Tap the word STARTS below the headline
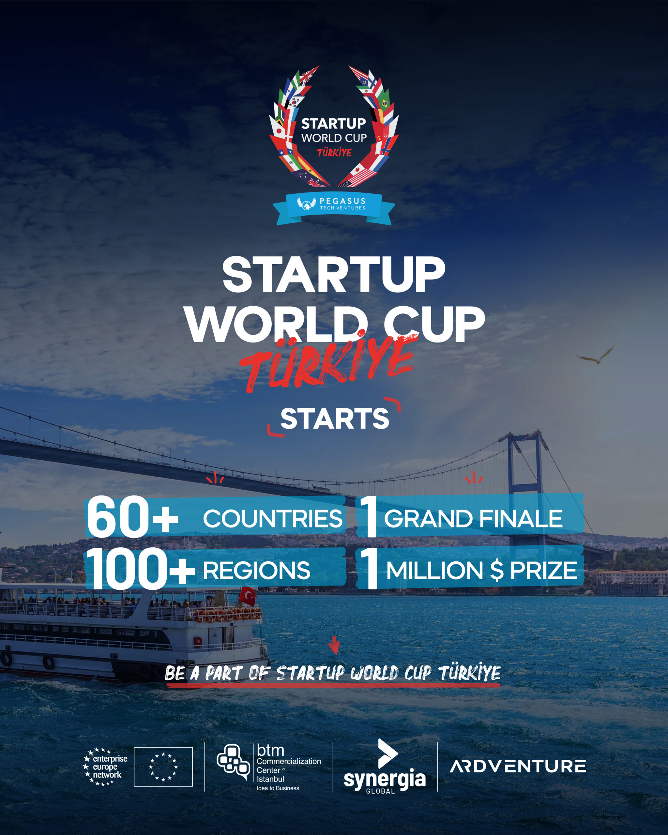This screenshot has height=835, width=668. [x=335, y=419]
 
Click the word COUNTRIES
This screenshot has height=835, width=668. [x=273, y=519]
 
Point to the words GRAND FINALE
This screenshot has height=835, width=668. [x=473, y=519]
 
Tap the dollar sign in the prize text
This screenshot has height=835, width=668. [x=496, y=570]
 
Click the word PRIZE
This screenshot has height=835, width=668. [x=543, y=570]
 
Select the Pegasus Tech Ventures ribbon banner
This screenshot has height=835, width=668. [x=334, y=208]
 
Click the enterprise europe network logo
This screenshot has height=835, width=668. [x=105, y=767]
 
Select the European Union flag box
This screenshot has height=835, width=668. [x=163, y=767]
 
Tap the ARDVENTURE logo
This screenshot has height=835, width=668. [x=518, y=767]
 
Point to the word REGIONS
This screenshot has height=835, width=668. [x=256, y=570]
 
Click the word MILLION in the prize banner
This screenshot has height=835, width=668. [x=434, y=570]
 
